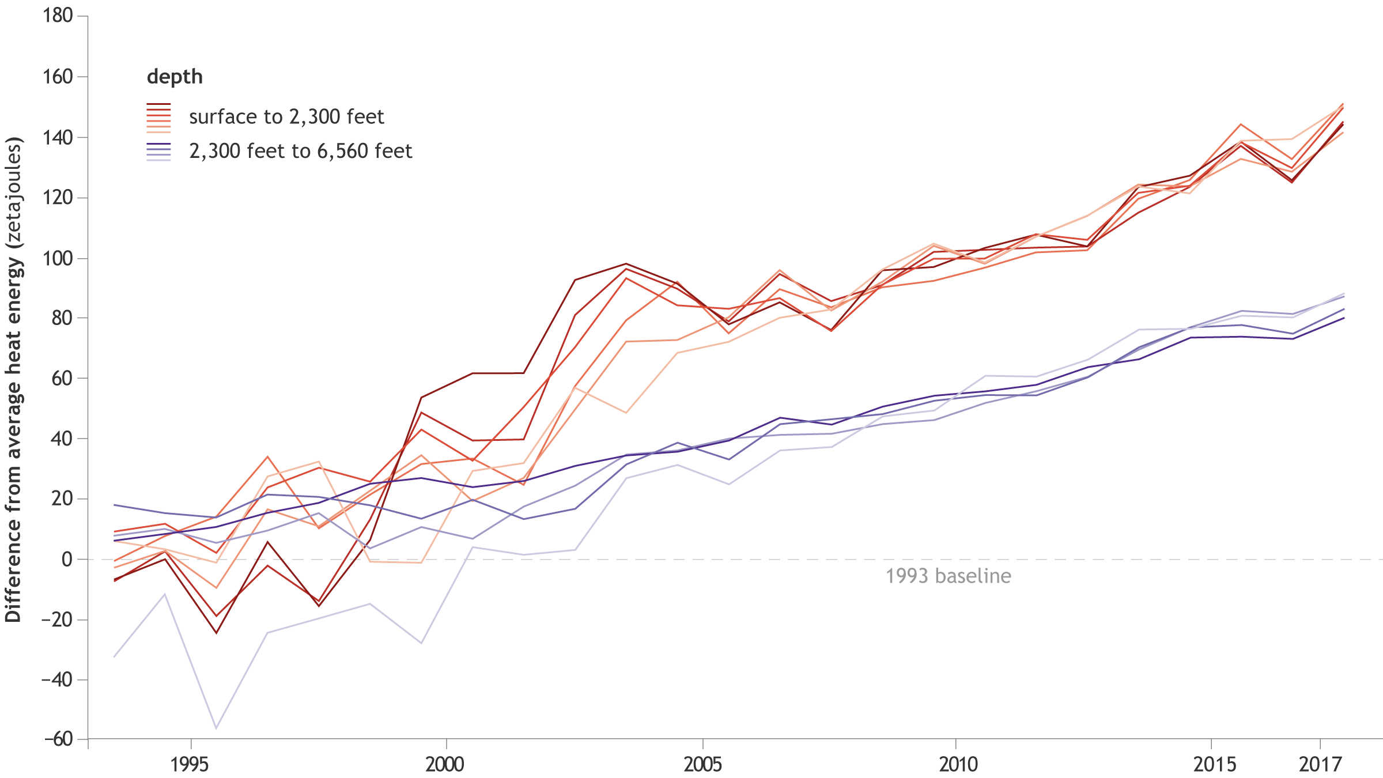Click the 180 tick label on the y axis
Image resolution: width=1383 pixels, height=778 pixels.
coord(58,16)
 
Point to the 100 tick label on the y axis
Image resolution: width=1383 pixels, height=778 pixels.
coord(58,258)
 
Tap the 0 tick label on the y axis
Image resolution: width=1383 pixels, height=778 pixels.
coord(67,559)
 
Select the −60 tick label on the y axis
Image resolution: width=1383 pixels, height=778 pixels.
coord(58,739)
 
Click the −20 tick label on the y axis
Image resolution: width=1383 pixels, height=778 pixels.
coord(58,620)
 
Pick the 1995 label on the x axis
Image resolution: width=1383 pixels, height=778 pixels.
coord(190,764)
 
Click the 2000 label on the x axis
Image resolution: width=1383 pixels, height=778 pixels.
coord(445,764)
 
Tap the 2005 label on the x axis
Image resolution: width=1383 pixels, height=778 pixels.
coord(702,764)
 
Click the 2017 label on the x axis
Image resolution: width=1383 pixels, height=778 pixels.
coord(1320,764)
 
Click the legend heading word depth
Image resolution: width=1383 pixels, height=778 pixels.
coord(175,77)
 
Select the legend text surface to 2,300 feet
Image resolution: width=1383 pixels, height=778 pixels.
coord(286,117)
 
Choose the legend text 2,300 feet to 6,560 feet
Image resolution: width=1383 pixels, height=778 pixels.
coord(301,151)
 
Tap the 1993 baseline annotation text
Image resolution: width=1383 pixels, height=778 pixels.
coord(948,576)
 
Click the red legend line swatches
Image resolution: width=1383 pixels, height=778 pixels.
coord(159,118)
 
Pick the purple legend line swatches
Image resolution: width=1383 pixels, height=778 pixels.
coord(159,152)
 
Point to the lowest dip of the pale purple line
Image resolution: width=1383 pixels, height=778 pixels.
coord(217,728)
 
